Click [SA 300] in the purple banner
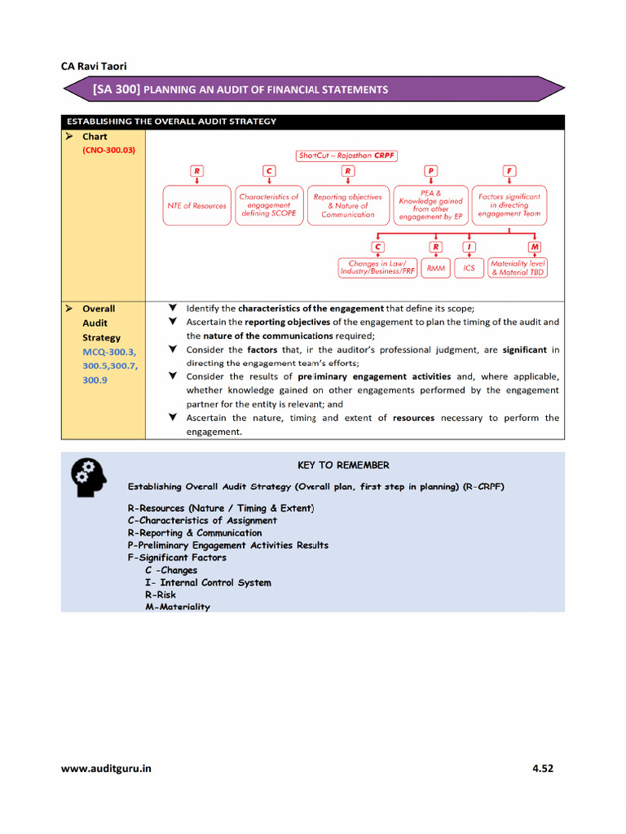pos(117,89)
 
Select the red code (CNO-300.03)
pos(108,151)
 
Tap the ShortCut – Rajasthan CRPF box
pos(346,155)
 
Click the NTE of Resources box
pos(196,206)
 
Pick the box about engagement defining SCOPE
pos(269,205)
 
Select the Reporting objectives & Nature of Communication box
pos(347,205)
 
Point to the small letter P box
pos(430,171)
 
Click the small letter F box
pos(509,171)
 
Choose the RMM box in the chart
pos(436,268)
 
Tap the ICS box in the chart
pos(469,268)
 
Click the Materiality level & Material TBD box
pos(517,268)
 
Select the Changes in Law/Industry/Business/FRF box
pos(377,268)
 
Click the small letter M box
pos(535,246)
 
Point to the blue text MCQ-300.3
pos(109,352)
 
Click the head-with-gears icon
pos(88,477)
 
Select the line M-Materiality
pos(177,607)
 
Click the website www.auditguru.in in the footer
pos(106,768)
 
